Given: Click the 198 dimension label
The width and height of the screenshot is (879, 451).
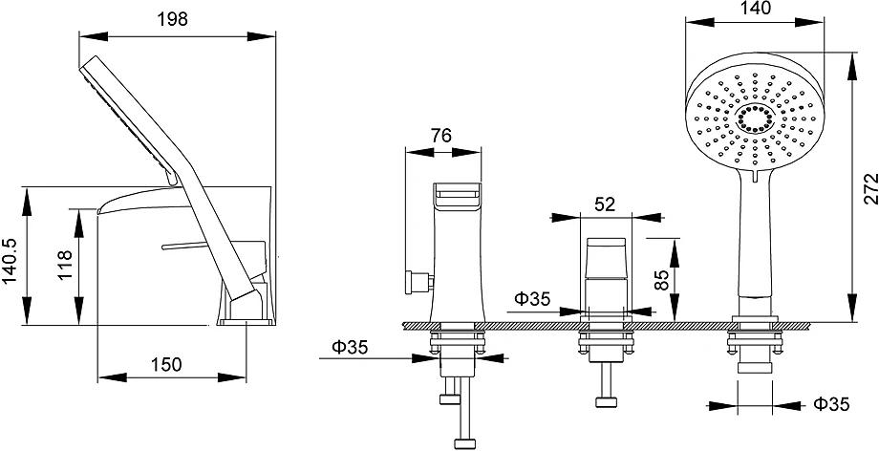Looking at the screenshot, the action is [x=172, y=19].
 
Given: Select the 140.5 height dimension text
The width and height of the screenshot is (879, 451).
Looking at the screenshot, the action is [x=11, y=260].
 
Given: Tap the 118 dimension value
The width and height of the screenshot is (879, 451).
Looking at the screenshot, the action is [x=65, y=265].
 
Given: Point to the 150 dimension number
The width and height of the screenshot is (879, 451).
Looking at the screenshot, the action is [x=166, y=365].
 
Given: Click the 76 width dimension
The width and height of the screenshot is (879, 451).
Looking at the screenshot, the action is [x=441, y=136].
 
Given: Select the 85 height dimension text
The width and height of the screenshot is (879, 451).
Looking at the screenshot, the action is [x=663, y=279].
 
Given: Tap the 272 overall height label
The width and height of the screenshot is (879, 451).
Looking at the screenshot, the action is [x=870, y=188].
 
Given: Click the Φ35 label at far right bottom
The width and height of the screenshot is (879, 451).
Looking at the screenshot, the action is [x=831, y=404].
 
